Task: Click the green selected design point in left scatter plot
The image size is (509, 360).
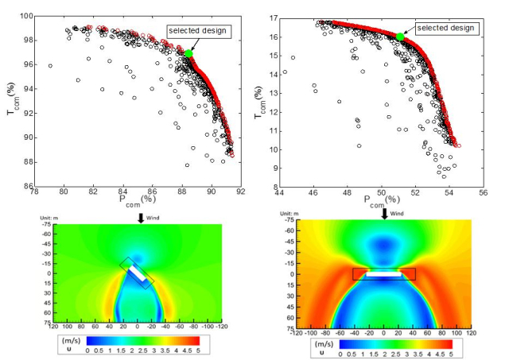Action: [x=188, y=53]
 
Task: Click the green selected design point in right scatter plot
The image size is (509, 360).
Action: [x=400, y=37]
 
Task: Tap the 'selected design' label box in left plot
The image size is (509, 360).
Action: [x=197, y=31]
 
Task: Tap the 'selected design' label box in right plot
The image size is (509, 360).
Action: [x=446, y=28]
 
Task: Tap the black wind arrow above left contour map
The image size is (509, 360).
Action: [x=141, y=218]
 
